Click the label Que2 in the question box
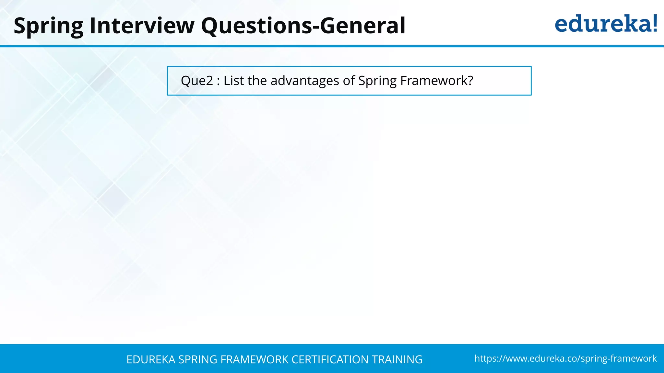(197, 81)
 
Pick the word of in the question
(349, 81)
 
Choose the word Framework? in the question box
(436, 81)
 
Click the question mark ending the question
(470, 81)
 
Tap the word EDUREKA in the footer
(151, 359)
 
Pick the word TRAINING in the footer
(397, 359)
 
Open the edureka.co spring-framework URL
(565, 358)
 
